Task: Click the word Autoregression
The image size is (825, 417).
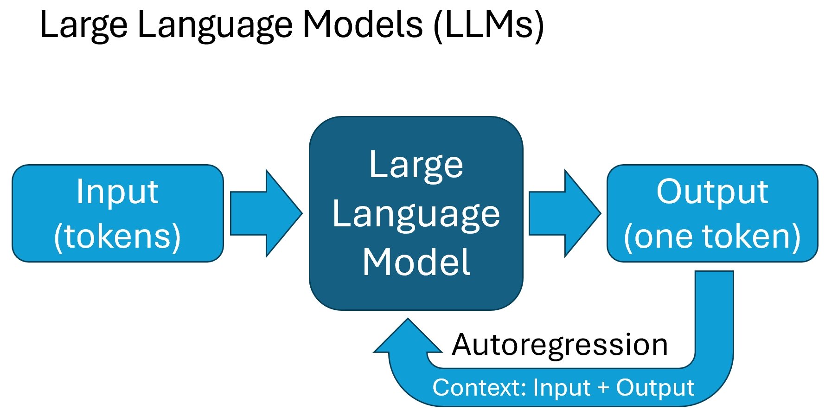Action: [560, 345]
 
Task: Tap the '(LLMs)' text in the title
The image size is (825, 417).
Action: [489, 25]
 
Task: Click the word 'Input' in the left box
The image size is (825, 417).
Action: [117, 192]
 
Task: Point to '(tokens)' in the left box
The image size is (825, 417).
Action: [117, 237]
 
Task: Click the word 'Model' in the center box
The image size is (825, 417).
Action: [416, 263]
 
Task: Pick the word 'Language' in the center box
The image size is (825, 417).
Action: [416, 214]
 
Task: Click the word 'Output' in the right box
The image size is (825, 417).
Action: [712, 192]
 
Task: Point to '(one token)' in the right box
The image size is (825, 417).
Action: [712, 237]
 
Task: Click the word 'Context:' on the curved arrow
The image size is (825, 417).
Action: [479, 388]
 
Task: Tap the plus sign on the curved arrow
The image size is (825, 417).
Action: [603, 388]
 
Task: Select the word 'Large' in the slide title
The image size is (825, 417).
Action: [83, 25]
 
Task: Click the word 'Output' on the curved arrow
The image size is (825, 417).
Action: [655, 388]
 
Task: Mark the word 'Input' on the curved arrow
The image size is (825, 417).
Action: [562, 388]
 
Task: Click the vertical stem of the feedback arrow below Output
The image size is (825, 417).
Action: [714, 315]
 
